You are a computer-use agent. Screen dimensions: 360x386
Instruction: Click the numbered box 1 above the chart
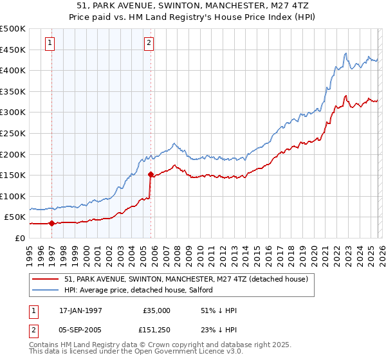(x=50, y=43)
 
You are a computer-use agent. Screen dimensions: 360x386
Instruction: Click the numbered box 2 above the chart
(x=149, y=43)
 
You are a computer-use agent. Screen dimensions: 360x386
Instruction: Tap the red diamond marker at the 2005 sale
(x=151, y=174)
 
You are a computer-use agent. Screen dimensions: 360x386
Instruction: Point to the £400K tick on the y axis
(x=13, y=70)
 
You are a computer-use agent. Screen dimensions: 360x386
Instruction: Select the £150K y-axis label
(x=13, y=175)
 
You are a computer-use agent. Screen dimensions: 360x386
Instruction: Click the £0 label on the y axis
(x=19, y=238)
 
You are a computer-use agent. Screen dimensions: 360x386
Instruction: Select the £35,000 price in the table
(x=157, y=310)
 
